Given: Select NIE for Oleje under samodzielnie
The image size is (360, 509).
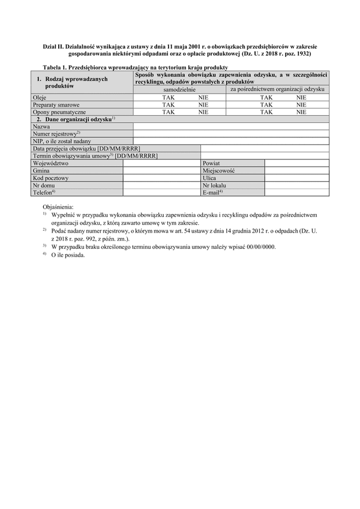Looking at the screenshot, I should click(203, 97).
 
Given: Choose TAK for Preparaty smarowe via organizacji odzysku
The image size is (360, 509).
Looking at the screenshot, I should click(266, 104).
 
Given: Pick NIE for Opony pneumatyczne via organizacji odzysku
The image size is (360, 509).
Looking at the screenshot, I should click(301, 112).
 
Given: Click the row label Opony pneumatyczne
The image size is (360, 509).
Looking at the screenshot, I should click(59, 112).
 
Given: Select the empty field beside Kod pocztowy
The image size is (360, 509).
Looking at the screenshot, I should click(161, 178).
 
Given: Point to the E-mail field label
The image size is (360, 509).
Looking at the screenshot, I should click(213, 192).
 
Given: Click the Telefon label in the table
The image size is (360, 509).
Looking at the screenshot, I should click(44, 192).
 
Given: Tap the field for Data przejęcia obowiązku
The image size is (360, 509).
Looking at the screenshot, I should click(264, 148).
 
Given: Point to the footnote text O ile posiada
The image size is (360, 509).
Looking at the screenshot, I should click(68, 255).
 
